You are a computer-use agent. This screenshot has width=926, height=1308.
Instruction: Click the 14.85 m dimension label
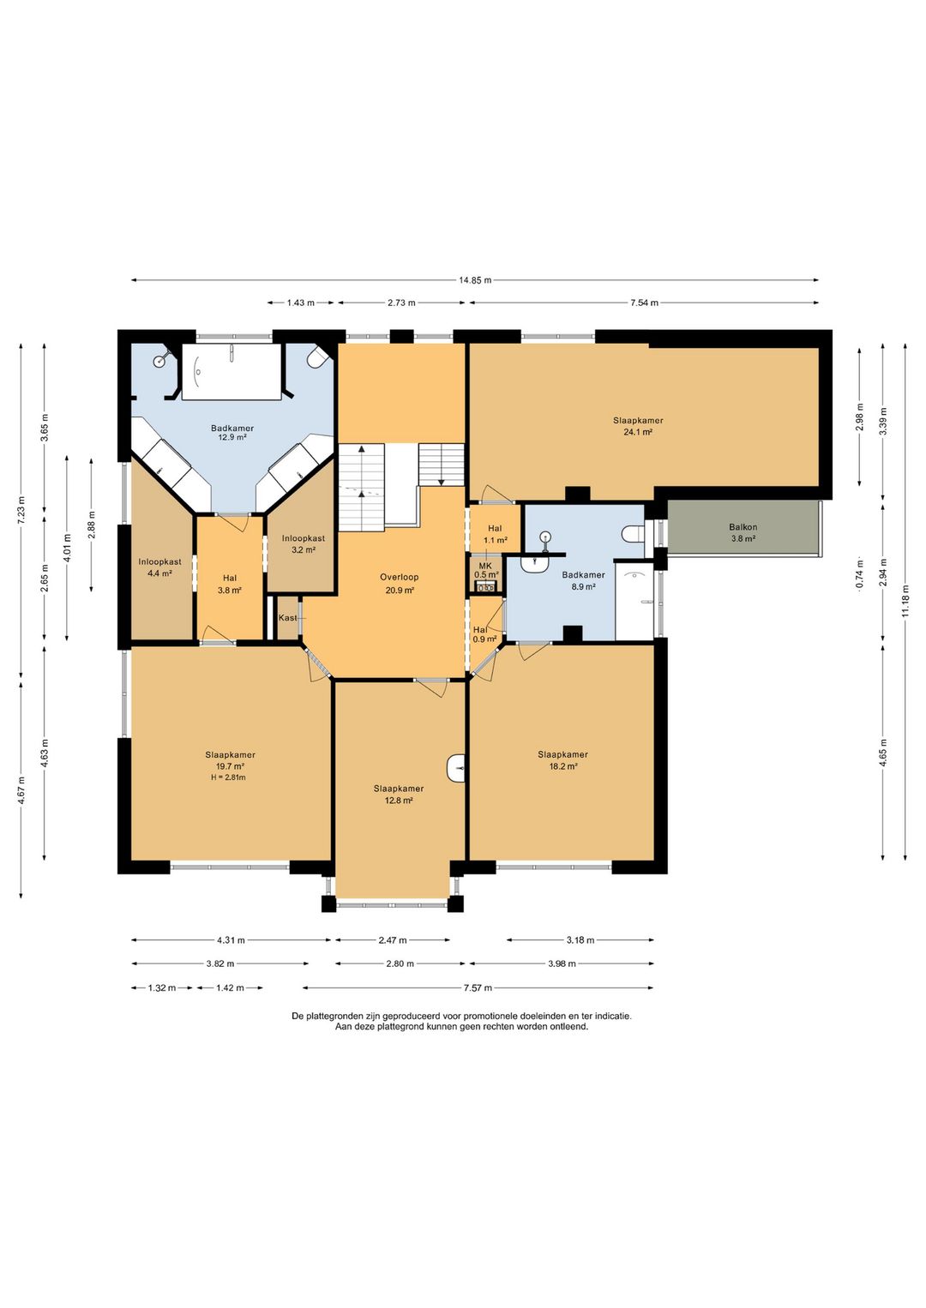(475, 279)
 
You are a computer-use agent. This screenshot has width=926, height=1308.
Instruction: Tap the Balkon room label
(743, 532)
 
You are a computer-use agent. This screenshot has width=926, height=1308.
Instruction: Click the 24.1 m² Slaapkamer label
(638, 426)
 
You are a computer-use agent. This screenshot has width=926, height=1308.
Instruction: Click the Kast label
(287, 618)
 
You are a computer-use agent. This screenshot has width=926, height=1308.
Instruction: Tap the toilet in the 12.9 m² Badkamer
(316, 357)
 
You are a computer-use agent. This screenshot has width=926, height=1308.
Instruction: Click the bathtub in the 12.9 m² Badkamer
(231, 371)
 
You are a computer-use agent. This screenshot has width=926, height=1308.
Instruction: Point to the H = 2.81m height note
(229, 777)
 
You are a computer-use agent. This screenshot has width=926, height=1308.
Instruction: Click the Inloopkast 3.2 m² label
(304, 543)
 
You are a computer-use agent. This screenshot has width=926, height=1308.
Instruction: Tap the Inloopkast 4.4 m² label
(159, 567)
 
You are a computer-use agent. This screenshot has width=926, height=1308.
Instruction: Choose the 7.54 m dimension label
(644, 303)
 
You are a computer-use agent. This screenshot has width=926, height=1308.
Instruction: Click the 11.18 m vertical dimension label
(905, 601)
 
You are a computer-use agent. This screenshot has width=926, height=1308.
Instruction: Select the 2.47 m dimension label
(392, 940)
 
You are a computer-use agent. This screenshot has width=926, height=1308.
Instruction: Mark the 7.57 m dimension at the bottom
(478, 988)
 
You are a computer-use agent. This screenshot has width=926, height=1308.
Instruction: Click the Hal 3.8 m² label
(229, 584)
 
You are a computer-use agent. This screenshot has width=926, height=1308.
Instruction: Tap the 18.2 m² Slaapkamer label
(562, 760)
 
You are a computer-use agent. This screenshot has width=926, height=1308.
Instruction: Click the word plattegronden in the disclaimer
(330, 1016)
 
